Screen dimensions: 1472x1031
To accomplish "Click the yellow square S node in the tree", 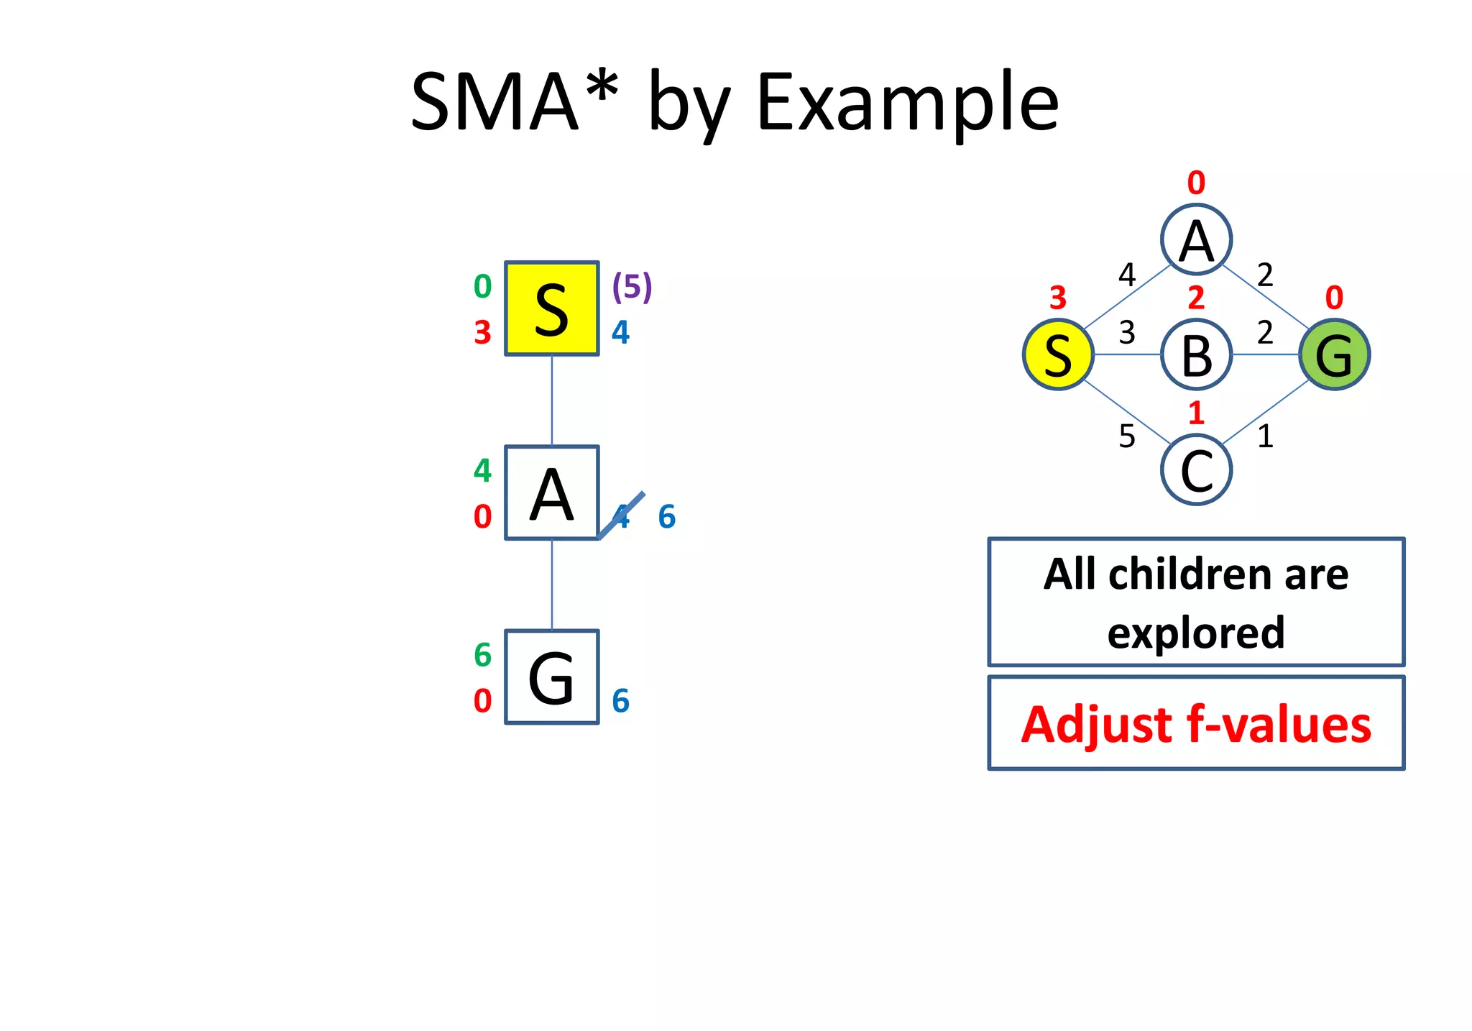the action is tap(551, 308).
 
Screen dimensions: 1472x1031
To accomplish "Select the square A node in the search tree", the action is tap(551, 492).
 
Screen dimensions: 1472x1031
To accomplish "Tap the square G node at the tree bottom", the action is tap(551, 677).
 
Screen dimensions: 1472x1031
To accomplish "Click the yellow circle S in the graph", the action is tap(1058, 354).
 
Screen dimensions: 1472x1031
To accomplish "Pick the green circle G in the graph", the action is tap(1334, 354).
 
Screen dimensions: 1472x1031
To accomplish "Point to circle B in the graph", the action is tap(1196, 354).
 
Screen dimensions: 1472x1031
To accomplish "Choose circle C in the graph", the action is tap(1196, 470).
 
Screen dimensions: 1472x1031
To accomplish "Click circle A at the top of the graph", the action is tap(1196, 239).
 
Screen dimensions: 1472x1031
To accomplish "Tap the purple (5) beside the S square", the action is tap(632, 286).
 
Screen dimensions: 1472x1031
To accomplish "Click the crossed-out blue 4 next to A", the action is tap(622, 516).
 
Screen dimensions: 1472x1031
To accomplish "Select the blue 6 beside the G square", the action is tap(620, 701).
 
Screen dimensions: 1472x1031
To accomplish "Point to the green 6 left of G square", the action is tap(482, 655).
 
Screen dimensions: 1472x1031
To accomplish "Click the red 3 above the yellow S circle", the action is tap(1057, 298).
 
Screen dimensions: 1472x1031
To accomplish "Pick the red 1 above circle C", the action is tap(1196, 413).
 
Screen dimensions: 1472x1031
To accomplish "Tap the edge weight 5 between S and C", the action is tap(1126, 436).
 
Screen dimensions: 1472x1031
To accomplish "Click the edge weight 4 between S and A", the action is tap(1126, 275).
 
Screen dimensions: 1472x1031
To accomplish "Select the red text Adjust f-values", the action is tap(1196, 724).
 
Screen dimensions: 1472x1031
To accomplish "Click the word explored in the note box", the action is tap(1196, 633).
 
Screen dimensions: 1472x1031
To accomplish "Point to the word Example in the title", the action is tap(907, 102).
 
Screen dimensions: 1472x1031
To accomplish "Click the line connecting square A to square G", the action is tap(551, 585).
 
